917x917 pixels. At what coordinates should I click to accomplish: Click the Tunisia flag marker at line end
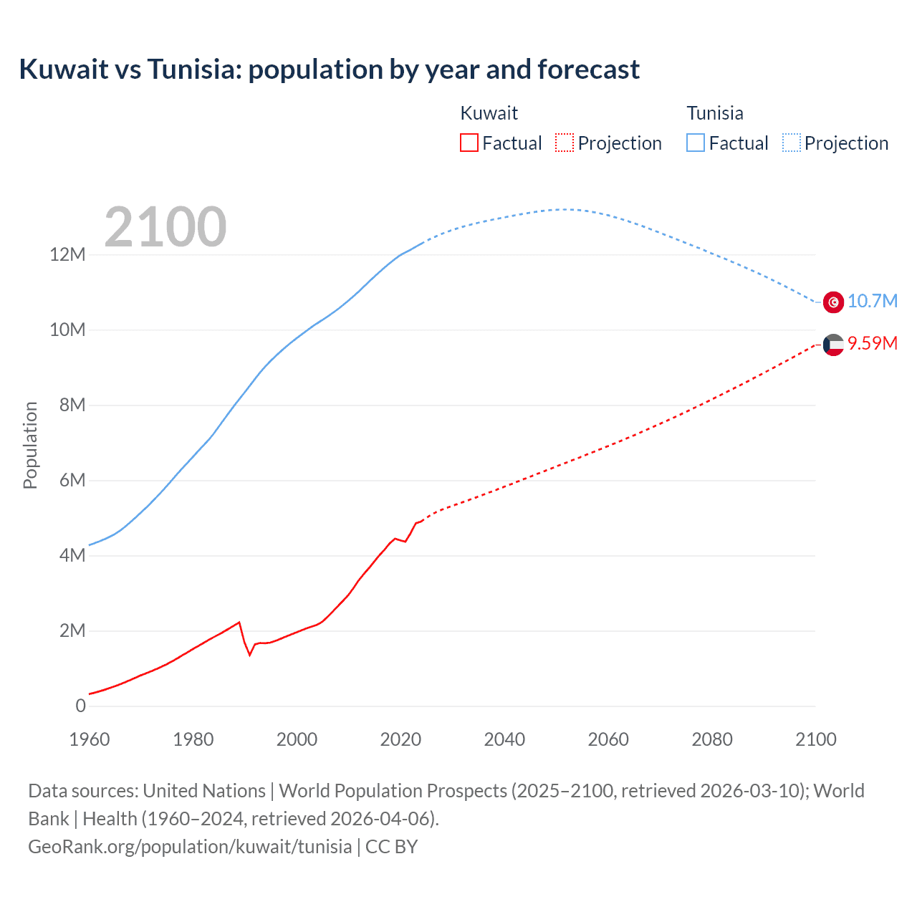(x=833, y=302)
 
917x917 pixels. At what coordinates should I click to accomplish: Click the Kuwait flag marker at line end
(x=833, y=345)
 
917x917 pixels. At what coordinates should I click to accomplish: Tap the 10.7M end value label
(x=872, y=301)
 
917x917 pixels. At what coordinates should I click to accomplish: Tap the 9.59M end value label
(x=872, y=343)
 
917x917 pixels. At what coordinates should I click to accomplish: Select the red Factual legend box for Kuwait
(x=469, y=143)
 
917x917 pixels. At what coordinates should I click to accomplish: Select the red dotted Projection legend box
(x=565, y=143)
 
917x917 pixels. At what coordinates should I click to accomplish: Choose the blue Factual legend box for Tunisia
(x=695, y=143)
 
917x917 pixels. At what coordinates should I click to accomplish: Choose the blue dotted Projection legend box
(x=792, y=143)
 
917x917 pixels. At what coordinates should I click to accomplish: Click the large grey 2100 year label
(x=165, y=227)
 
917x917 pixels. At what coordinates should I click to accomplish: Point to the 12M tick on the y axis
(x=67, y=254)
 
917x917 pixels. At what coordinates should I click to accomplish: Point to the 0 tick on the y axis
(x=80, y=706)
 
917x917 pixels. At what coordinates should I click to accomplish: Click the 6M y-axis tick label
(x=72, y=480)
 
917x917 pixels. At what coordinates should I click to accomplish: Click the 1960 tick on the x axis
(x=90, y=739)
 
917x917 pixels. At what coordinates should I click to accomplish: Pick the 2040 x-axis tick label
(x=504, y=739)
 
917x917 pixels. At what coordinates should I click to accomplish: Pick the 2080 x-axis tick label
(x=712, y=739)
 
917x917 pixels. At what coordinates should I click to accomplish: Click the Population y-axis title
(x=30, y=445)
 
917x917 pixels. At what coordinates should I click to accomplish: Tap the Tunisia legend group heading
(x=715, y=113)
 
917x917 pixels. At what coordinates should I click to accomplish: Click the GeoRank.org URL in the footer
(x=190, y=846)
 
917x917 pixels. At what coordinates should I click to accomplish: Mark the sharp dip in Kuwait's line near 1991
(x=250, y=654)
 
